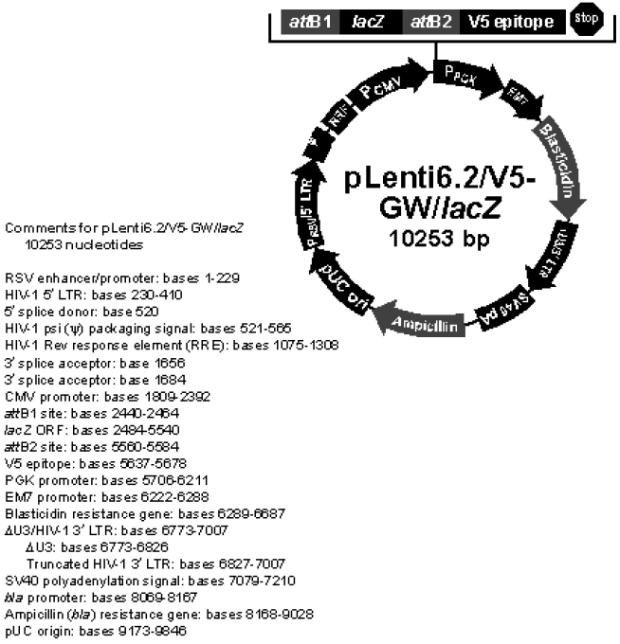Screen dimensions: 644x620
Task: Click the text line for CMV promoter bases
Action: (94, 396)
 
